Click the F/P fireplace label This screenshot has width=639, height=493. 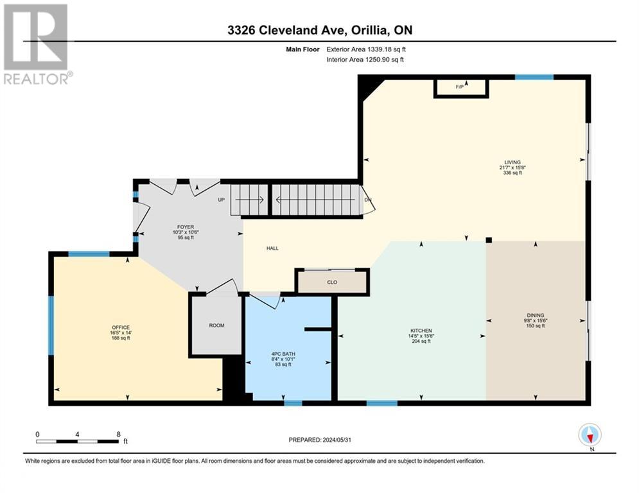(460, 87)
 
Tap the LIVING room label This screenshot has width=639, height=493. (512, 162)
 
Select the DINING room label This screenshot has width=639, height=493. (536, 315)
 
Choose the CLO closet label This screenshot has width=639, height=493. (332, 282)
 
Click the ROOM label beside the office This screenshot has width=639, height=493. (216, 325)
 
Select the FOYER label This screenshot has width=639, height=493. (186, 227)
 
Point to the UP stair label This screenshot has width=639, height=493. (221, 200)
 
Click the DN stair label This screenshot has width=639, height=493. (368, 200)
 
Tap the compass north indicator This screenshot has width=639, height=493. (590, 436)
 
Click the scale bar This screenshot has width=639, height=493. (78, 441)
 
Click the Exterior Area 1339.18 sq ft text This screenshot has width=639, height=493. (365, 48)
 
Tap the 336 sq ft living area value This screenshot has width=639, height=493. (512, 173)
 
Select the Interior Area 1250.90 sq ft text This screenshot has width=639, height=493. (365, 60)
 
